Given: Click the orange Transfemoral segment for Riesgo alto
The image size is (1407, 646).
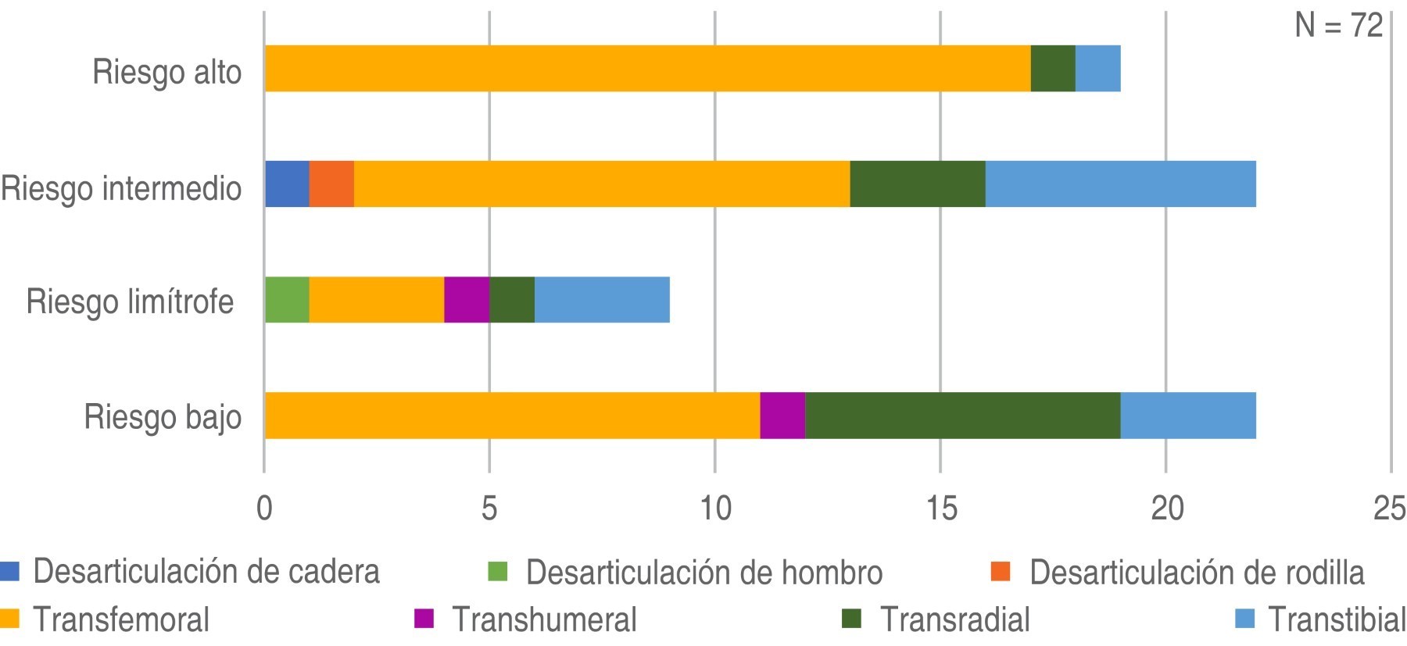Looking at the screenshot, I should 647,69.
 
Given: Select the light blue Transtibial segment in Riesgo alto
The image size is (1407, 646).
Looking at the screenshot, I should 1097,69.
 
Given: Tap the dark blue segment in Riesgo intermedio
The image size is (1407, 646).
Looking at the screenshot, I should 287,184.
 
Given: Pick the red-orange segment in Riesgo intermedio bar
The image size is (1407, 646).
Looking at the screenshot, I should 331,184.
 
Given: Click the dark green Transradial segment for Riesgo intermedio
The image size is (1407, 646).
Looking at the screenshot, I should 917,184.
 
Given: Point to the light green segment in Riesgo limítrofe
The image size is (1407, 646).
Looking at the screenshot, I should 287,300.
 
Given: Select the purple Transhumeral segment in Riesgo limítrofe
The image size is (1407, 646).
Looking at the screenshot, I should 467,300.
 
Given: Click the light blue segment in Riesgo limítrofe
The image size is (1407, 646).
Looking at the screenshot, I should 602,300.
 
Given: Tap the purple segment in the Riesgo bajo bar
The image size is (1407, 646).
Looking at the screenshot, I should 782,416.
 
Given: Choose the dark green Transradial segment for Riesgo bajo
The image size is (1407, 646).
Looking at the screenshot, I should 962,416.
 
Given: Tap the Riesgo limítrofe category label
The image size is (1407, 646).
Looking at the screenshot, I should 130,302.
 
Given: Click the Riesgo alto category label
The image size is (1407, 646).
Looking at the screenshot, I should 166,72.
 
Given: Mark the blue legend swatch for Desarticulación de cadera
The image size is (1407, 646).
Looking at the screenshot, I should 9,572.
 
